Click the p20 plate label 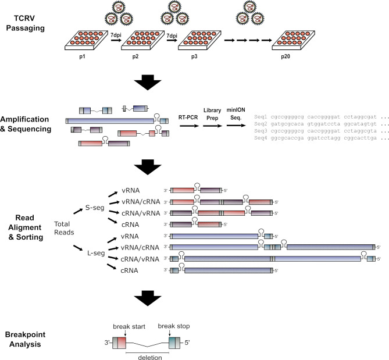[285, 56]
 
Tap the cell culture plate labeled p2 [142, 41]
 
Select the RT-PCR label [188, 117]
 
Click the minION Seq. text [235, 113]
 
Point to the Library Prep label [212, 114]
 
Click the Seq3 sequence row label [260, 131]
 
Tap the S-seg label [95, 208]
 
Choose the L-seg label [96, 253]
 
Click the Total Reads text [64, 228]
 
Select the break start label [129, 326]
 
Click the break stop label [174, 326]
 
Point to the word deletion [150, 357]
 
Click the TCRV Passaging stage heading [25, 23]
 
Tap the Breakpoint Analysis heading [25, 339]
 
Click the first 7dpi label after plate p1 [116, 35]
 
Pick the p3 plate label [194, 56]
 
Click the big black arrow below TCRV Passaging [148, 82]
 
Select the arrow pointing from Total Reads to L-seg [78, 248]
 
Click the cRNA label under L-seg [129, 270]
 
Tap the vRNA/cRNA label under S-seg [141, 202]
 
